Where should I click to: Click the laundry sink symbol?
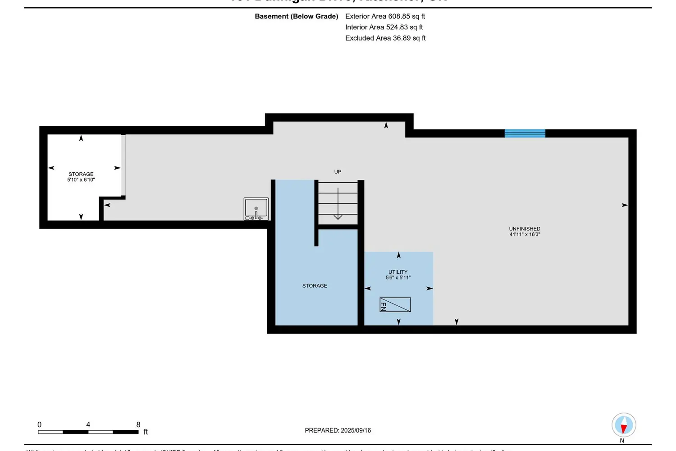pyautogui.click(x=256, y=209)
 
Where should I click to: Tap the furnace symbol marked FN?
pyautogui.click(x=395, y=305)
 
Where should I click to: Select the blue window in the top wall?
pyautogui.click(x=525, y=133)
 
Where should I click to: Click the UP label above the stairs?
pyautogui.click(x=338, y=172)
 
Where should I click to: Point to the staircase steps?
pyautogui.click(x=338, y=203)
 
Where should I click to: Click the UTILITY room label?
pyautogui.click(x=398, y=272)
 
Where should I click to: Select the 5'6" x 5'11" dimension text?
pyautogui.click(x=398, y=278)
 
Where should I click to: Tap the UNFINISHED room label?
pyautogui.click(x=525, y=229)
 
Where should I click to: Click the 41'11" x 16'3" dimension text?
pyautogui.click(x=525, y=235)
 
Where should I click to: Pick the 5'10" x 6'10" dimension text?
pyautogui.click(x=81, y=180)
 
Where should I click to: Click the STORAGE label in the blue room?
pyautogui.click(x=315, y=286)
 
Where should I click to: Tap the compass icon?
pyautogui.click(x=624, y=425)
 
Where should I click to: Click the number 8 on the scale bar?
pyautogui.click(x=138, y=424)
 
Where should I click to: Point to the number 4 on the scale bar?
pyautogui.click(x=88, y=424)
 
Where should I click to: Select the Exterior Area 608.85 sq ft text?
pyautogui.click(x=385, y=16)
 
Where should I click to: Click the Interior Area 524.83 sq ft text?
pyautogui.click(x=384, y=27)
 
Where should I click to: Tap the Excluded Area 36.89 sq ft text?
pyautogui.click(x=385, y=38)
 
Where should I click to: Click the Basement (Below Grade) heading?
pyautogui.click(x=297, y=16)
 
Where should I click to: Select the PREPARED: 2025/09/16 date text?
pyautogui.click(x=338, y=430)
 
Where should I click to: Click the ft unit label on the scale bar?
pyautogui.click(x=146, y=432)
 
